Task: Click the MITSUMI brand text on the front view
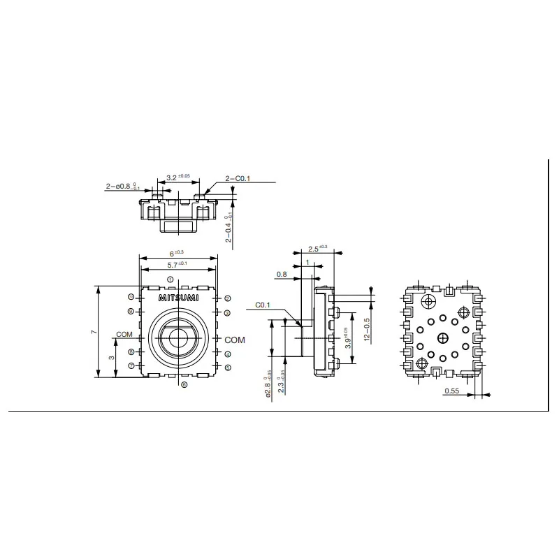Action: pos(178,298)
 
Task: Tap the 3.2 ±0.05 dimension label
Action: pos(175,178)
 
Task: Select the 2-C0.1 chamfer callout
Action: pos(238,179)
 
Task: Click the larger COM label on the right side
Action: pos(235,340)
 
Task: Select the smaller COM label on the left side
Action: pos(124,335)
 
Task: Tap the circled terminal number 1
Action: pos(170,279)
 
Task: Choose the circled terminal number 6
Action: pos(184,385)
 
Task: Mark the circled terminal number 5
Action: pos(228,367)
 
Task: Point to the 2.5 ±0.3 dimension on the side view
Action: pos(319,248)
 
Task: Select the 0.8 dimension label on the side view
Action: pos(282,275)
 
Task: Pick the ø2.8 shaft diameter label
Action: pos(269,387)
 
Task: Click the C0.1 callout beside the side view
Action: pos(263,305)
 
